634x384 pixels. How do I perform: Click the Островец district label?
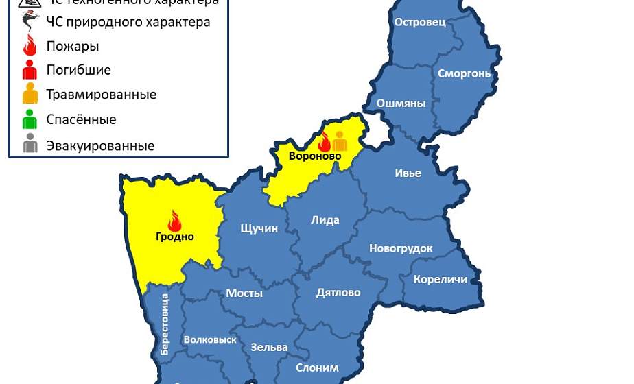pos(420,22)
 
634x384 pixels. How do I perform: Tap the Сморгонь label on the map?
pos(465,73)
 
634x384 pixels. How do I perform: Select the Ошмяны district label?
pos(401,104)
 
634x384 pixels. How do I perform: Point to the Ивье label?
pos(408,173)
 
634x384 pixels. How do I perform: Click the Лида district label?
pos(325,220)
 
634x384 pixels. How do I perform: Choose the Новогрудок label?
pos(401,248)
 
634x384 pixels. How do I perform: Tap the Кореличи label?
pos(440,279)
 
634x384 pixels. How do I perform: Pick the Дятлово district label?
pos(338,293)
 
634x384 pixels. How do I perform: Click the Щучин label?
pos(259,228)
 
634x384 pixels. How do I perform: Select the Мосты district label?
pos(244,293)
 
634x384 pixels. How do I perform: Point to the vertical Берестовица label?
pos(165,324)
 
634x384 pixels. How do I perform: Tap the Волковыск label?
pos(210,339)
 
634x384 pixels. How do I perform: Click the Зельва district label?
pos(269,347)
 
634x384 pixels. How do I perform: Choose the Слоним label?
pos(317,368)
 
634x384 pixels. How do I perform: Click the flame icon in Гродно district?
pos(174,221)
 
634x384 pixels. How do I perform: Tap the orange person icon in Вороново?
pos(340,141)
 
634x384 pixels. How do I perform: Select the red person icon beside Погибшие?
pos(30,70)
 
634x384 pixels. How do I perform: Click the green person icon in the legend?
pos(30,120)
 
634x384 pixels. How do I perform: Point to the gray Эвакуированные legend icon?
pos(30,145)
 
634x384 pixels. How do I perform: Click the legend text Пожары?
pos(73,47)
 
